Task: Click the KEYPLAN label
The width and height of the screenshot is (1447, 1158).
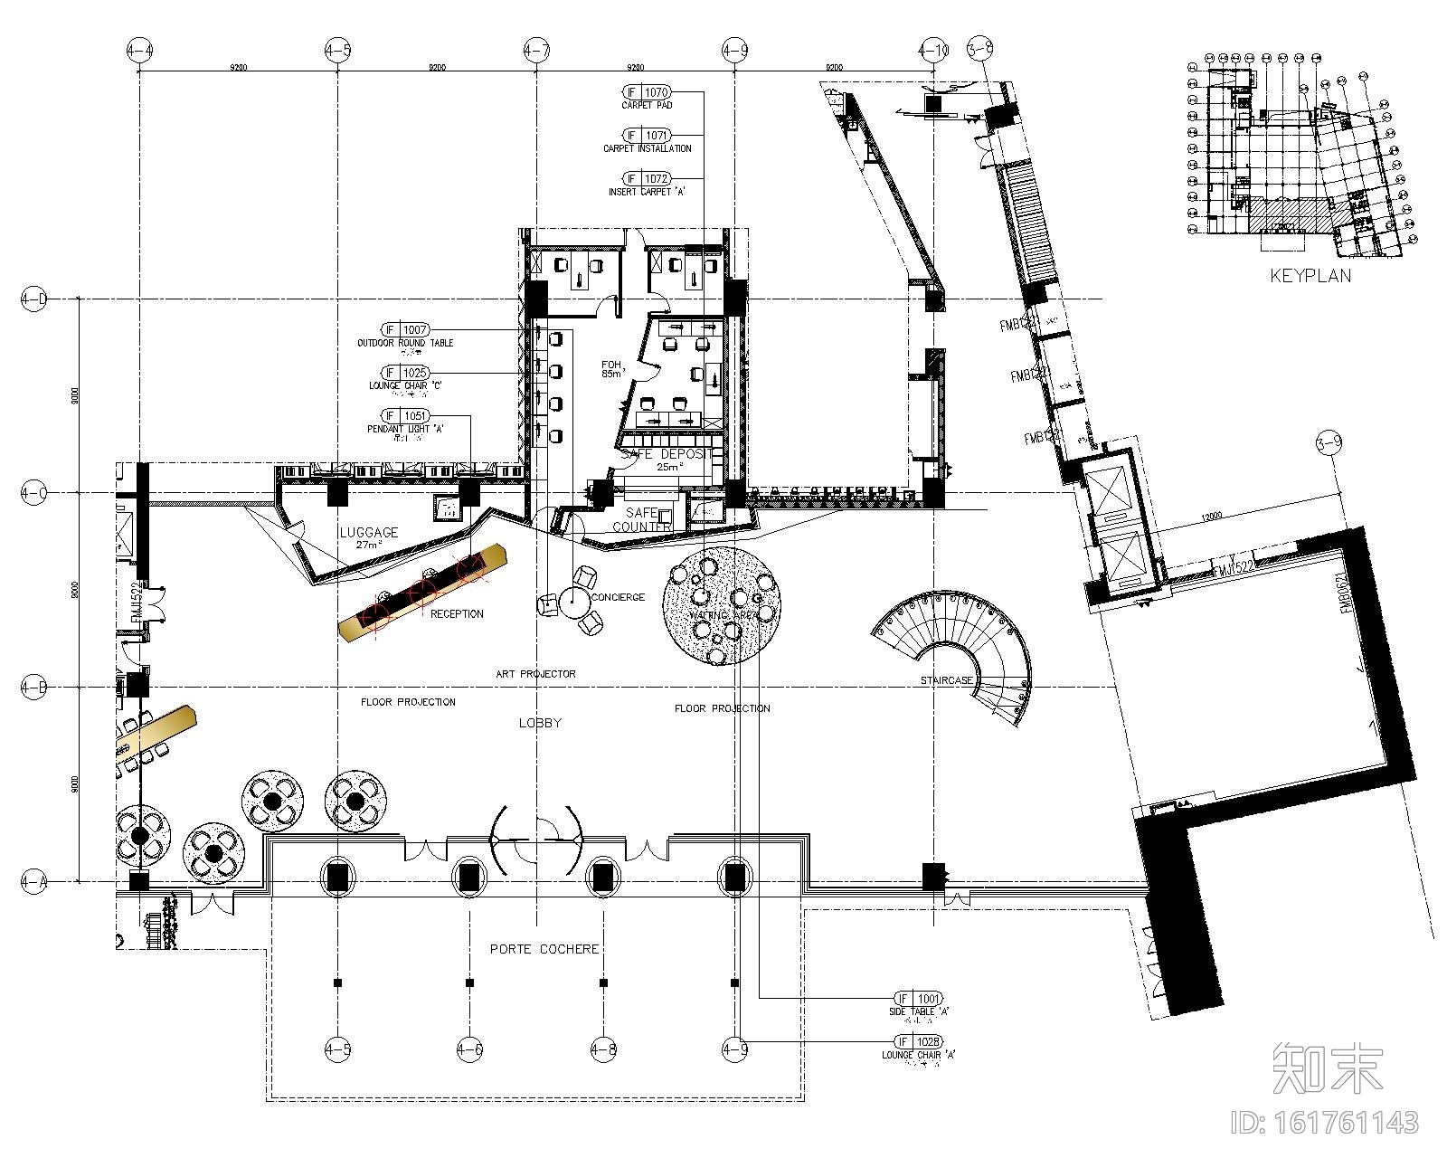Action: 1310,275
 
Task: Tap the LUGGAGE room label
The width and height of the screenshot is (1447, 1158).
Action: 368,532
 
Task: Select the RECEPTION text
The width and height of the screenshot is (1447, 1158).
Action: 457,613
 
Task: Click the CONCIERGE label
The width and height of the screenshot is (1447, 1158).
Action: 618,597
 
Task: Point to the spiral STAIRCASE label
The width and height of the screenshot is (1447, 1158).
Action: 947,679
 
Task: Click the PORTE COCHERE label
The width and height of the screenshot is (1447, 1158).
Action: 544,949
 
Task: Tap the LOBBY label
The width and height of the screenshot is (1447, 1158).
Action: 540,722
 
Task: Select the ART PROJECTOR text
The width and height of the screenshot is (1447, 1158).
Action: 535,674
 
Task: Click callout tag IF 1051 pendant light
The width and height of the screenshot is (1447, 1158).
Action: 405,416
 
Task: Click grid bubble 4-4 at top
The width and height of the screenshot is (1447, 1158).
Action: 139,51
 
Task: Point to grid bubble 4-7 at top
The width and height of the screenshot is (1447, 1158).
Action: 536,51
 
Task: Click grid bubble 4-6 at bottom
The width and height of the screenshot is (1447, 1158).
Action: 469,1049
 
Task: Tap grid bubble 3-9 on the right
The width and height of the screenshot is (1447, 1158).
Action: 1329,443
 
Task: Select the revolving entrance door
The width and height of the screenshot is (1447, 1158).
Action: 536,840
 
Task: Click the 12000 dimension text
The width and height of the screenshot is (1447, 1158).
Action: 1213,516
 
